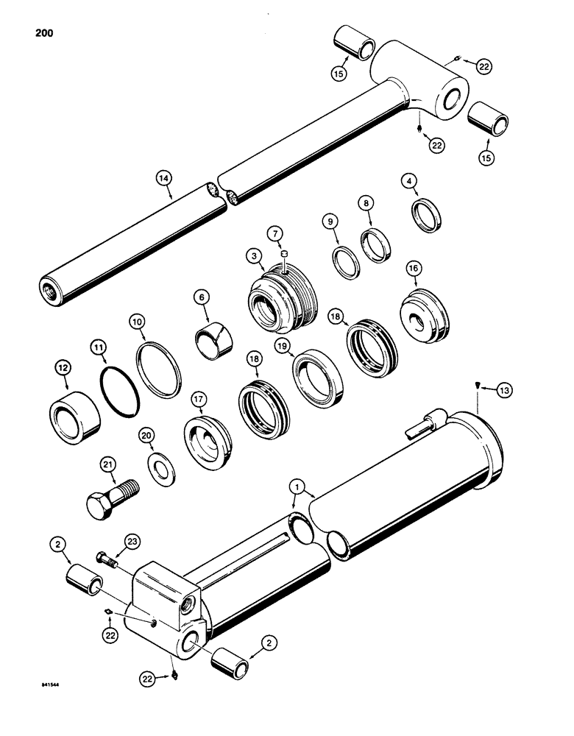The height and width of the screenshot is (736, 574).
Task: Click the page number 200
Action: pos(43,33)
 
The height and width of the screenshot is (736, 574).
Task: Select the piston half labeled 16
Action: pos(423,316)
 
